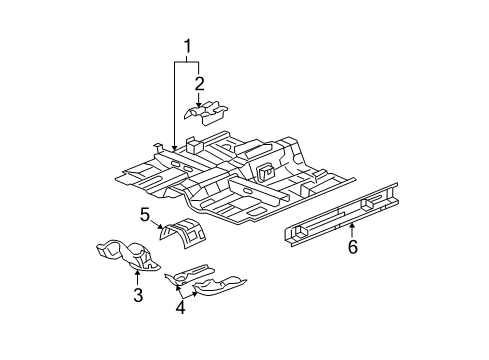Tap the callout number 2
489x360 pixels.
coord(199,84)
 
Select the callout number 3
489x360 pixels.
coord(138,295)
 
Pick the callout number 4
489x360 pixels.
coord(181,309)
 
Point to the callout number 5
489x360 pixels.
coord(145,215)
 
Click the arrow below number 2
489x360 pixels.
coord(199,99)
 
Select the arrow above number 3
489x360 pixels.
coord(138,274)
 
